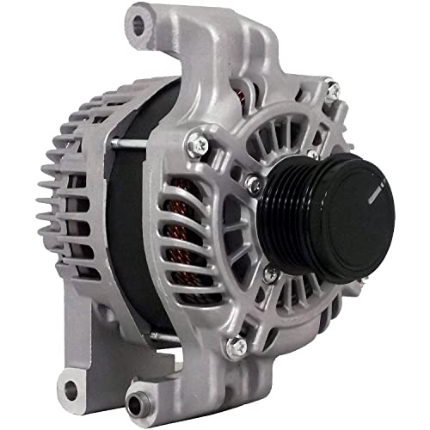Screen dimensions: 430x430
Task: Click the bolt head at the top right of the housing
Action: click(x=328, y=87)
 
